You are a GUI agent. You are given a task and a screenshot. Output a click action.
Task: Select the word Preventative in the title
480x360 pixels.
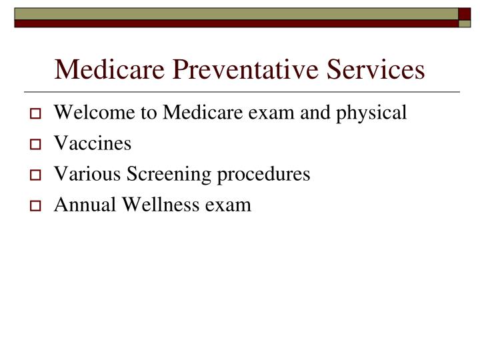235,69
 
